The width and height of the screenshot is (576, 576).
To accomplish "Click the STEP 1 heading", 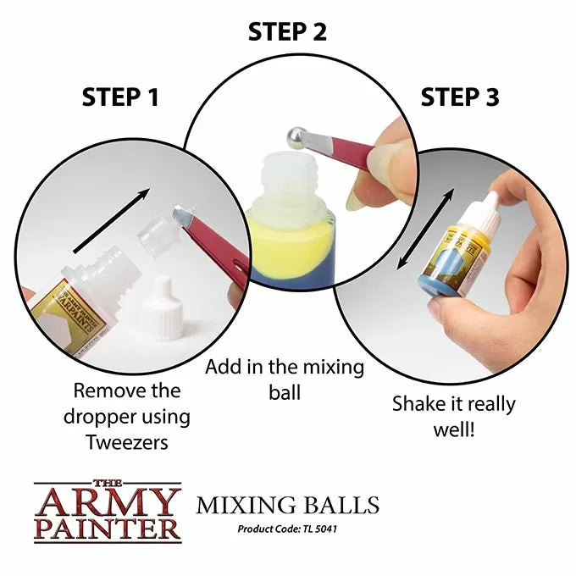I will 120,97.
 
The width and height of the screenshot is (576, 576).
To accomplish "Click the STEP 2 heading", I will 287,32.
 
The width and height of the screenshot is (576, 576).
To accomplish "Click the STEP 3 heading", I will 459,97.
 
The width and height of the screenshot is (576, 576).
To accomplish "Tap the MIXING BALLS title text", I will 287,507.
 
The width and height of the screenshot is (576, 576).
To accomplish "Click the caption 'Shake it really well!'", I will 453,415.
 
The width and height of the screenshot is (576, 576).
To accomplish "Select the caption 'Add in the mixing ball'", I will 285,379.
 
